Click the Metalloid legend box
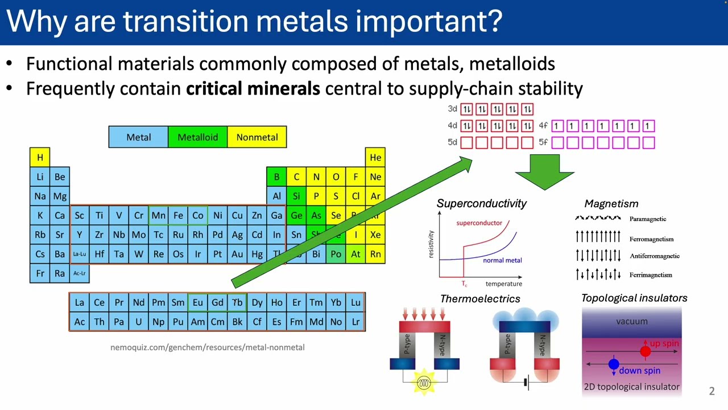pyautogui.click(x=197, y=137)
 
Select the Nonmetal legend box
pyautogui.click(x=257, y=137)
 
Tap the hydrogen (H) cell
pyautogui.click(x=40, y=157)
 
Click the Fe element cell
pyautogui.click(x=178, y=215)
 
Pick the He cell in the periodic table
pyautogui.click(x=375, y=157)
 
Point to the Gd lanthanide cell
pyautogui.click(x=217, y=303)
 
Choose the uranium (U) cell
pyautogui.click(x=138, y=322)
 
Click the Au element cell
pyautogui.click(x=237, y=254)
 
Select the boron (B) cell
pyautogui.click(x=276, y=177)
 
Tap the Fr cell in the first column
pyautogui.click(x=40, y=273)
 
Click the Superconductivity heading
pyautogui.click(x=481, y=203)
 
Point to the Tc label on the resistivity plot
pyautogui.click(x=464, y=284)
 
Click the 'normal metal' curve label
pyautogui.click(x=502, y=260)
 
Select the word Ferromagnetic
pyautogui.click(x=651, y=239)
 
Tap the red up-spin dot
pyautogui.click(x=645, y=352)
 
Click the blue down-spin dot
pyautogui.click(x=614, y=364)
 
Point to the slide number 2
pyautogui.click(x=712, y=391)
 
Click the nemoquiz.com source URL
pyautogui.click(x=208, y=347)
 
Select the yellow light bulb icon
pyautogui.click(x=424, y=383)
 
